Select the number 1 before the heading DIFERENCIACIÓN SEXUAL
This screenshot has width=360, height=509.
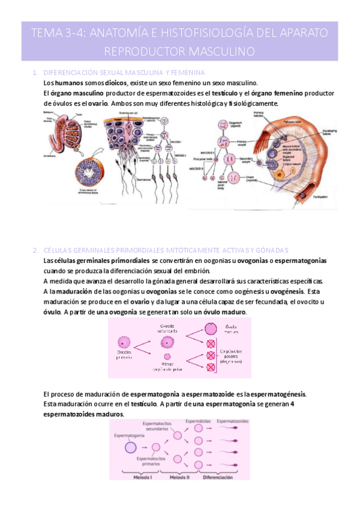point(35,73)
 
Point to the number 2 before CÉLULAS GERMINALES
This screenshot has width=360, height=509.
point(35,250)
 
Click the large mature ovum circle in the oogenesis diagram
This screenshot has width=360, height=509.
point(211,328)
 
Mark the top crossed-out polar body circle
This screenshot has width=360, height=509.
point(211,345)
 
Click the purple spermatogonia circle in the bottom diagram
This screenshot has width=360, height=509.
point(131,447)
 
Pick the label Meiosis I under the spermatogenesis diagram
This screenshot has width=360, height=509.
point(139,477)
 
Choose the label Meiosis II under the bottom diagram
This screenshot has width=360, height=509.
point(180,477)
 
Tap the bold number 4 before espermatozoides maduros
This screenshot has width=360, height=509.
point(292,404)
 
